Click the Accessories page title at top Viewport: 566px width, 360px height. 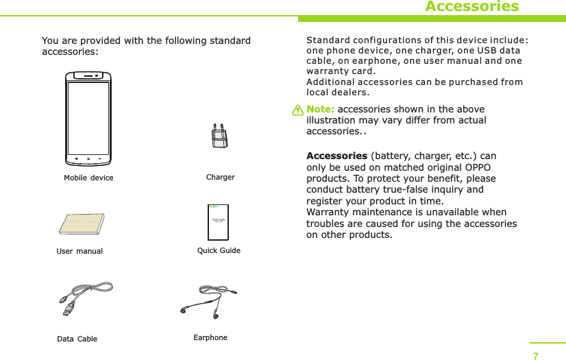tap(471, 7)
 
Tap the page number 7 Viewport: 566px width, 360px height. tap(536, 355)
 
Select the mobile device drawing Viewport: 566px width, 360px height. tap(88, 119)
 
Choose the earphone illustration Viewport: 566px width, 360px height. tap(209, 301)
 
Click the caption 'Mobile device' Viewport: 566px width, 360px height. tap(88, 178)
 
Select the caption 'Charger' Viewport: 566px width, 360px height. tap(220, 178)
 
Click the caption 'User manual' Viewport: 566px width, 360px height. tap(79, 252)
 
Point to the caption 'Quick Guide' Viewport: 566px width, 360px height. tap(219, 251)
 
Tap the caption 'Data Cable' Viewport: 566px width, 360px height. tap(77, 339)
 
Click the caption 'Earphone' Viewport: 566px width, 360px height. tap(210, 338)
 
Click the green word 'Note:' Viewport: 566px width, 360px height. tap(321, 110)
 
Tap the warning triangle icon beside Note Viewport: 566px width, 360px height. tap(297, 110)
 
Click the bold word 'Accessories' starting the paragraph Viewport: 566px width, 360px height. tap(336, 156)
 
